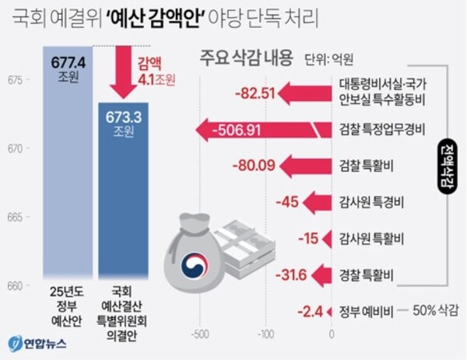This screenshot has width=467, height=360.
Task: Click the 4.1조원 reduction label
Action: click(x=158, y=78)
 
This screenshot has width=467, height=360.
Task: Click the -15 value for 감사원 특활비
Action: click(x=308, y=238)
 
